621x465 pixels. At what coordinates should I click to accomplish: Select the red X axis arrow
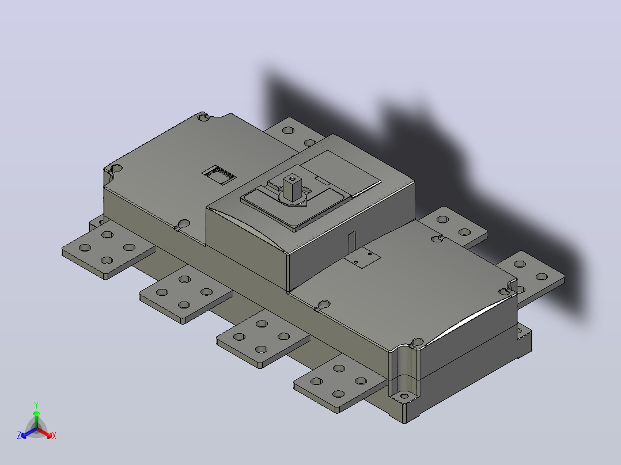coord(44,432)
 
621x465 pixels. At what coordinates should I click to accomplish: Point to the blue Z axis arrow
coord(29,433)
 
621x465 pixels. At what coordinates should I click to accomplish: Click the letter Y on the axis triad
coord(36,405)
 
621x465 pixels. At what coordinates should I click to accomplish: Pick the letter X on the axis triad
coord(54,436)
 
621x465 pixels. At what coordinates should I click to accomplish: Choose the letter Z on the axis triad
coord(19,436)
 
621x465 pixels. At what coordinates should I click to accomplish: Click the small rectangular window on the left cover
coord(219,175)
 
